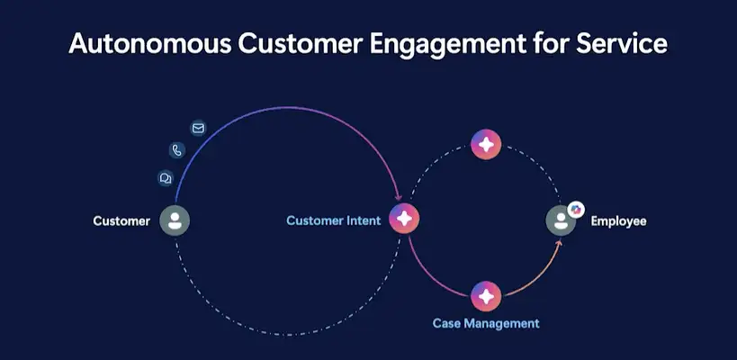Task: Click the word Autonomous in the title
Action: (150, 44)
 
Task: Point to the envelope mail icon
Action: (198, 128)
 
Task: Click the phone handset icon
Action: (177, 150)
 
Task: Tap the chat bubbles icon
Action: (166, 178)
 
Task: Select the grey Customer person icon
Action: (175, 220)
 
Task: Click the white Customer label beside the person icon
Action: (121, 220)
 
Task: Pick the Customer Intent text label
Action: (334, 220)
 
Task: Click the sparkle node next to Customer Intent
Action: (404, 219)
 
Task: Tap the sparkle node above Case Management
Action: (486, 297)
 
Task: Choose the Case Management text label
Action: (486, 323)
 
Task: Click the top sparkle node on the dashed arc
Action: (486, 144)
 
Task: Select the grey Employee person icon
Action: (561, 220)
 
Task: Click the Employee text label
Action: (618, 220)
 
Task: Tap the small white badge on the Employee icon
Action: (576, 209)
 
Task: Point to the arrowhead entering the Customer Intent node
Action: (399, 197)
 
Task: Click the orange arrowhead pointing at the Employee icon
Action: (559, 242)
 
